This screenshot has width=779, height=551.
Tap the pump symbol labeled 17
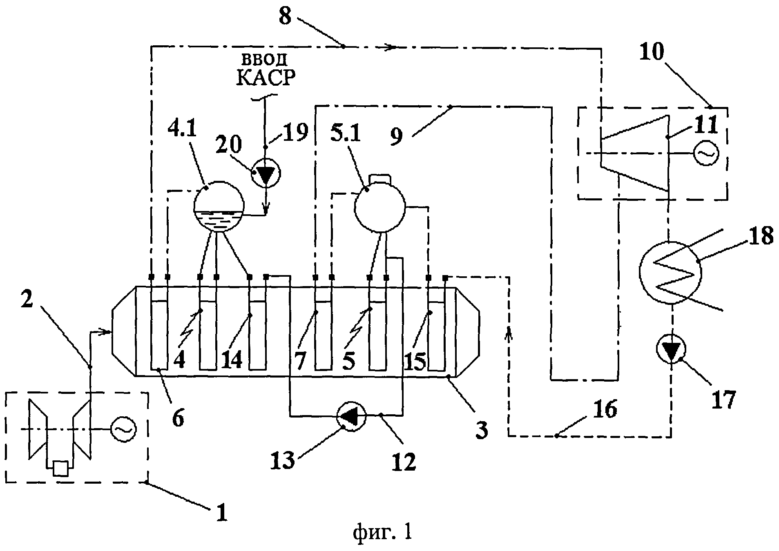[670, 349]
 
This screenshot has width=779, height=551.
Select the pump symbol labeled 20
[266, 173]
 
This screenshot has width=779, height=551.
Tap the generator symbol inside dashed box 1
[123, 429]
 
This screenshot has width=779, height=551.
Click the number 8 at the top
[285, 16]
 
